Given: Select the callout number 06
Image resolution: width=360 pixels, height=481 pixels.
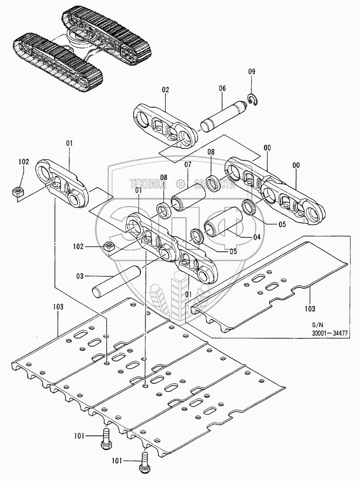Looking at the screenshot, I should pos(222,88).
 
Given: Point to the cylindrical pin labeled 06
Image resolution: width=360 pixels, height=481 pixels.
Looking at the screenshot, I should pos(222,115).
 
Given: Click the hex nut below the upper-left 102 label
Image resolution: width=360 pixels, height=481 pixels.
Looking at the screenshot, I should pos(18,191).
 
